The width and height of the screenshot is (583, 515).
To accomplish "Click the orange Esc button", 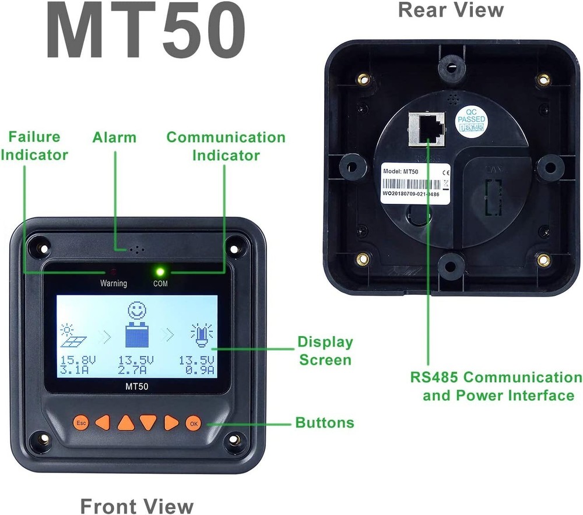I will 80,422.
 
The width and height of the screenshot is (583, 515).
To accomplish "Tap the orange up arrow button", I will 125,422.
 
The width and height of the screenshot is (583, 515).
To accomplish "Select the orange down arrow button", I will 148,422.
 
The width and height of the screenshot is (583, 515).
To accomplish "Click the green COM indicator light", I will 159,271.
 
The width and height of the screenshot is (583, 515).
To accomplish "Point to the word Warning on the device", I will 113,284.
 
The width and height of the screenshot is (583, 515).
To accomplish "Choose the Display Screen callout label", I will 325,351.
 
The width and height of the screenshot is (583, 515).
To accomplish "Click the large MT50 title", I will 145,32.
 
